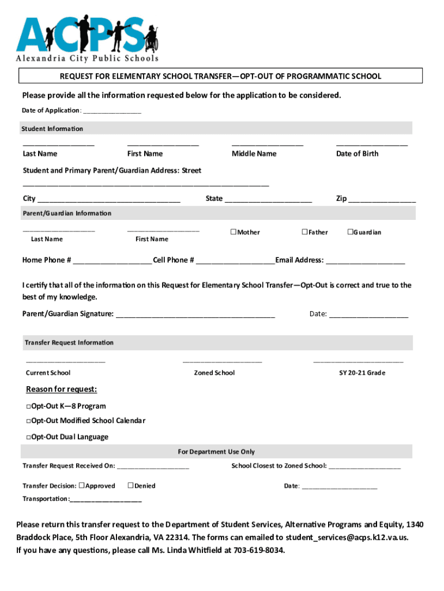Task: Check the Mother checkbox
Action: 234,232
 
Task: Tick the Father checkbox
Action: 304,232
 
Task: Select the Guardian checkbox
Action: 349,232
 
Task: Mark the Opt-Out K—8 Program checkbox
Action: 28,406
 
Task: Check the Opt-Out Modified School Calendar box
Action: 28,421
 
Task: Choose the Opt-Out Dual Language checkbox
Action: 28,437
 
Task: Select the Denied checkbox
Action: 130,485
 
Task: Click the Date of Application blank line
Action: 112,111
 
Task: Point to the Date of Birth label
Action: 357,154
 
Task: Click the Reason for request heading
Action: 62,389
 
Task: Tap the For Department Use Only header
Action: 216,451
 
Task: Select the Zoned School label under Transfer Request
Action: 214,373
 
